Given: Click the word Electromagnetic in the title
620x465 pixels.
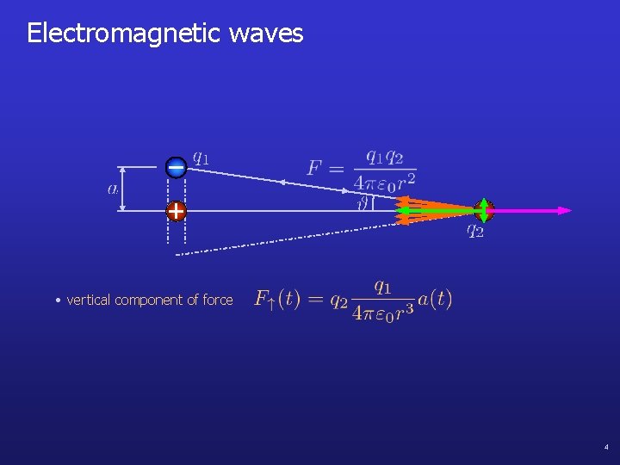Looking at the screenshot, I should [x=124, y=34].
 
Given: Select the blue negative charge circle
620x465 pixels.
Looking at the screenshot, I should [x=176, y=168].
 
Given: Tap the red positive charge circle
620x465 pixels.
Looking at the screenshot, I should [x=176, y=210].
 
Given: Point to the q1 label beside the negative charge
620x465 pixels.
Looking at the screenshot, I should [x=200, y=157].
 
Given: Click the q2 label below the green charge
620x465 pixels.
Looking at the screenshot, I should [x=475, y=230].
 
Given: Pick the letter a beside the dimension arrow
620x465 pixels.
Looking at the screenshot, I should [x=114, y=189].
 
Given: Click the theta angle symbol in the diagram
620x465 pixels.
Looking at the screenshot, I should [x=363, y=205].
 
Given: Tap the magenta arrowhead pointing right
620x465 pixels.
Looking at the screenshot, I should [x=563, y=210].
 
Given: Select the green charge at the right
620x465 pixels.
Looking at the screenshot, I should [x=484, y=209].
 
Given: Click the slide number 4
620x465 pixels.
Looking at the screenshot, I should [x=606, y=447].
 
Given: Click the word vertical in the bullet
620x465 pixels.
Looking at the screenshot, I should [x=89, y=300].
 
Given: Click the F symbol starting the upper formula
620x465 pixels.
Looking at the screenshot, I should [x=315, y=167].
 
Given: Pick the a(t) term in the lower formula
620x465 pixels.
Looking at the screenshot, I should [x=434, y=299].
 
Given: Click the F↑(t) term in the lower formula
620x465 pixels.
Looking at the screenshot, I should [x=276, y=300].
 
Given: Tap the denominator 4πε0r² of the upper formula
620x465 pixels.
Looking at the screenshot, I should [x=385, y=182].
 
